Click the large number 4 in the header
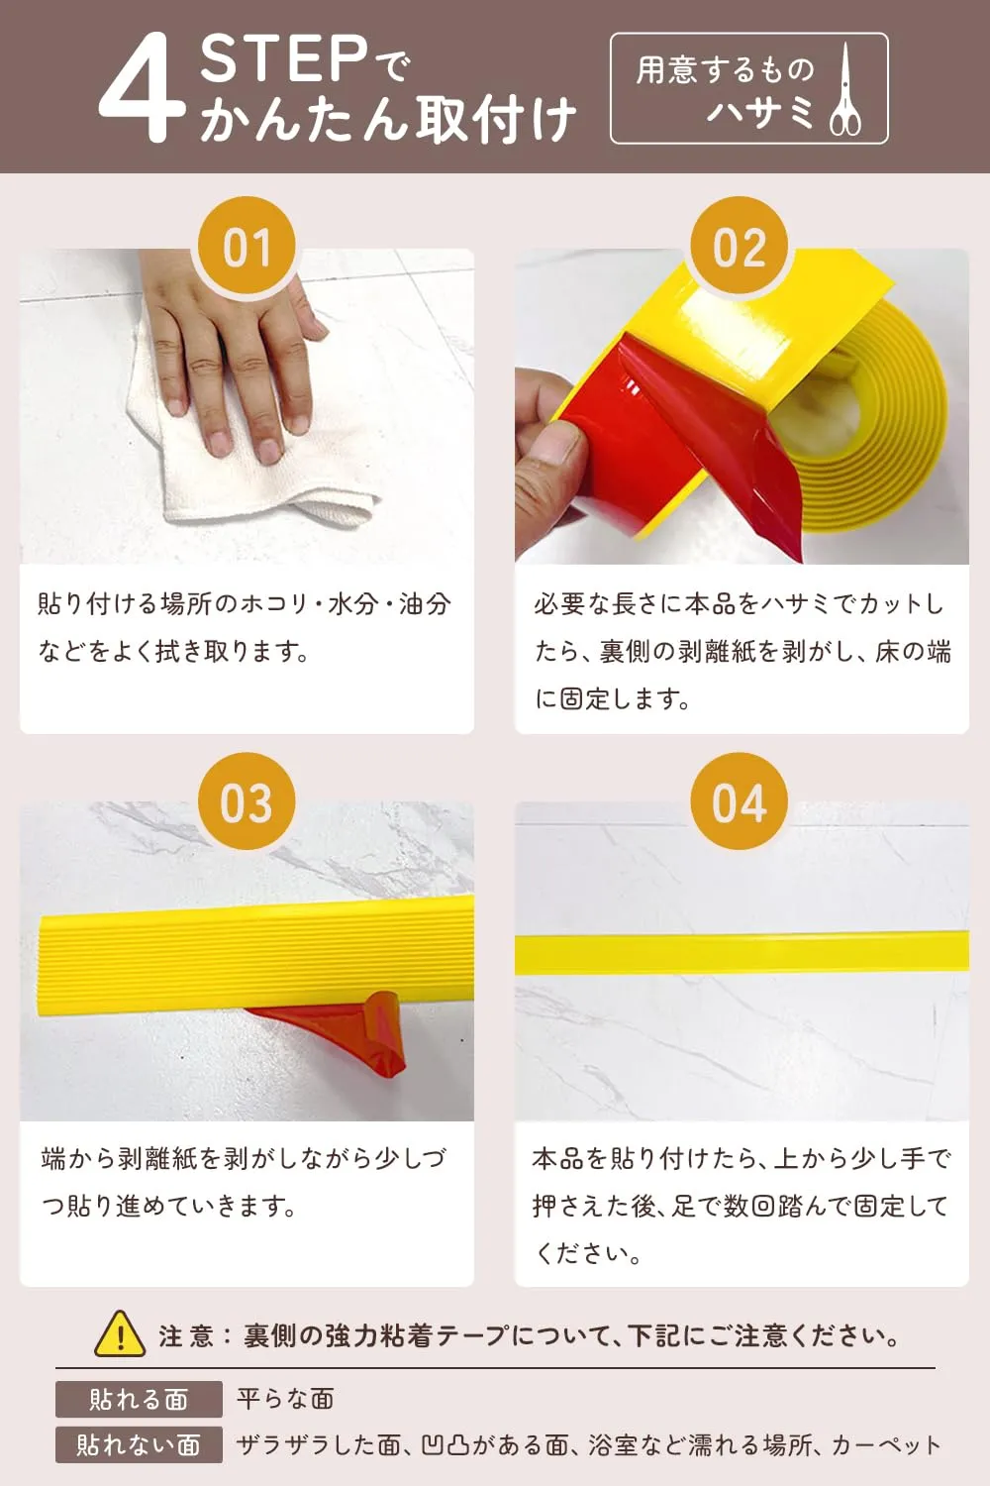pyautogui.click(x=142, y=87)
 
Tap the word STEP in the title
pyautogui.click(x=284, y=59)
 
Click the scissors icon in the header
pyautogui.click(x=845, y=89)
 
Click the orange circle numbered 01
pyautogui.click(x=247, y=247)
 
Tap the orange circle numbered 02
pyautogui.click(x=739, y=247)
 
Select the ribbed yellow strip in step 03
pyautogui.click(x=255, y=953)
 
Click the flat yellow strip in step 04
pyautogui.click(x=742, y=953)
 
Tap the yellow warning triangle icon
pyautogui.click(x=120, y=1334)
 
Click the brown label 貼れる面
pyautogui.click(x=139, y=1399)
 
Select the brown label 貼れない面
pyautogui.click(x=139, y=1444)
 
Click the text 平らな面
pyautogui.click(x=286, y=1399)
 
